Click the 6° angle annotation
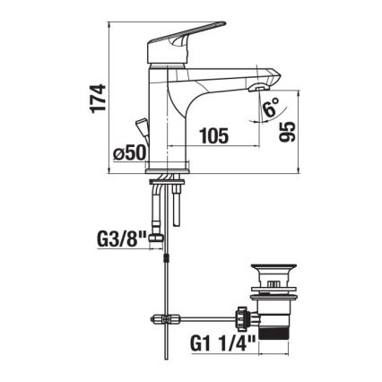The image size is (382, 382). pyautogui.click(x=271, y=109)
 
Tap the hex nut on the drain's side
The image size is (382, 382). pyautogui.click(x=240, y=317)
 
